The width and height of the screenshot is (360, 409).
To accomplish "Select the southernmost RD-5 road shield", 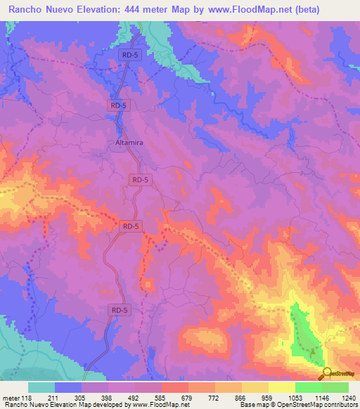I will tap(120, 309).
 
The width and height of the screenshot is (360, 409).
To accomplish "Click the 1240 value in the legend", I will tap(348, 396).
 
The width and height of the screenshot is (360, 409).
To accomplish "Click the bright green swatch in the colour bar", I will tap(308, 387).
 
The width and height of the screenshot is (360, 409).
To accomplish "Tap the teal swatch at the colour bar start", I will tap(41, 387).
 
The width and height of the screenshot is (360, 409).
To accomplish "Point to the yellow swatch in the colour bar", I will tap(281, 387).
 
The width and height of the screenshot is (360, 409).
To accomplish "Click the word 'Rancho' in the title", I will tap(30, 10).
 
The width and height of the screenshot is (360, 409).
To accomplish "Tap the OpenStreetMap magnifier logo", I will tap(328, 373).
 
